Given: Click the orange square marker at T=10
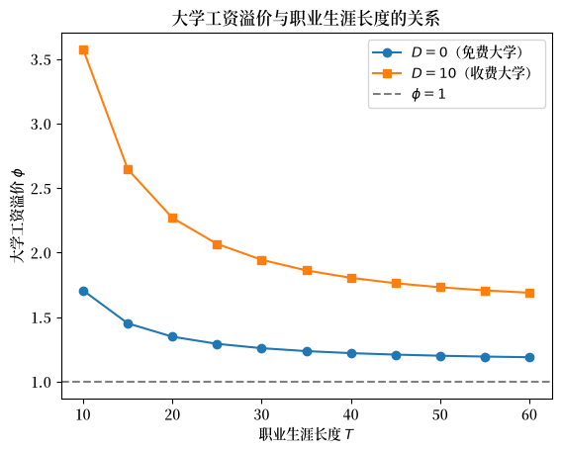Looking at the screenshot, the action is [x=83, y=49].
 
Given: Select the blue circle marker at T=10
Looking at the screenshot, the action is [x=83, y=291].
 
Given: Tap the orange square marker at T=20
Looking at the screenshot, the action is [x=172, y=218].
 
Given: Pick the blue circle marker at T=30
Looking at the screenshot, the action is [x=261, y=348].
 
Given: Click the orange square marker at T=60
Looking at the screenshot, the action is [x=529, y=294].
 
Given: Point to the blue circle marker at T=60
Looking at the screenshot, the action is [x=529, y=357].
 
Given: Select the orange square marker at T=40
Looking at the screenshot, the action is [x=351, y=278].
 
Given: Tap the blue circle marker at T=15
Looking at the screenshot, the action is [x=128, y=324].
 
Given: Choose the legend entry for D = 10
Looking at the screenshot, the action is [x=452, y=73].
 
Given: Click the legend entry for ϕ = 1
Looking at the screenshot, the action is [x=409, y=94].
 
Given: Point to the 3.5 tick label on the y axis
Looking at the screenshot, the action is [x=42, y=59].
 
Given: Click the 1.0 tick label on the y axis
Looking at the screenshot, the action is [x=42, y=383].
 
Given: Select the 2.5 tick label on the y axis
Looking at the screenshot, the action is [x=42, y=189].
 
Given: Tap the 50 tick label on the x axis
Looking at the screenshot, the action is [x=440, y=414].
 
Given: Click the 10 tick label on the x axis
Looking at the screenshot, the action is [x=83, y=414].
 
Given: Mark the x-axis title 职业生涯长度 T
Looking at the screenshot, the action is [x=307, y=435].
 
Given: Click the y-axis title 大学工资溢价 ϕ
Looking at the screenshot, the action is [x=17, y=216].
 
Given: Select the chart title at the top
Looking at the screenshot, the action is [x=307, y=19].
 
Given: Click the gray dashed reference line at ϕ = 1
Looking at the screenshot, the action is [x=307, y=382].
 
